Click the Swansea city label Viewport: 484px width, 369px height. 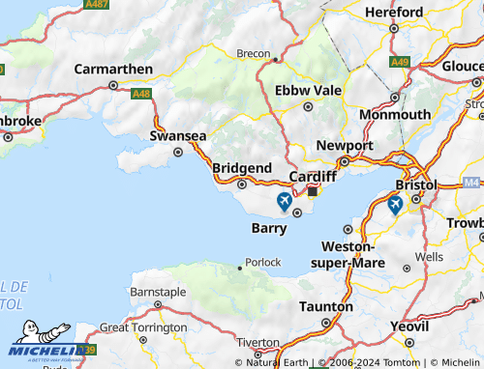[177, 136]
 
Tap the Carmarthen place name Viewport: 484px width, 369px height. [113, 70]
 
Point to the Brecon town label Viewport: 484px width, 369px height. [254, 53]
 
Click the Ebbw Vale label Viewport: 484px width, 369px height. [308, 90]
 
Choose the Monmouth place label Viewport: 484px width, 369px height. [394, 114]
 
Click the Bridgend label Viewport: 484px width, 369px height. [241, 167]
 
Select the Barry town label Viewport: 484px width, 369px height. [268, 228]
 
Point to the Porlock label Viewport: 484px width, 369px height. [262, 262]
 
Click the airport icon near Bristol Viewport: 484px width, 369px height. [395, 205]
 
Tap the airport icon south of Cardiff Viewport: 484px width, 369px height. [284, 201]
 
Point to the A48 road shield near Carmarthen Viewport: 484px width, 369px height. [141, 94]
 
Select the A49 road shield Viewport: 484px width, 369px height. [400, 62]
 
